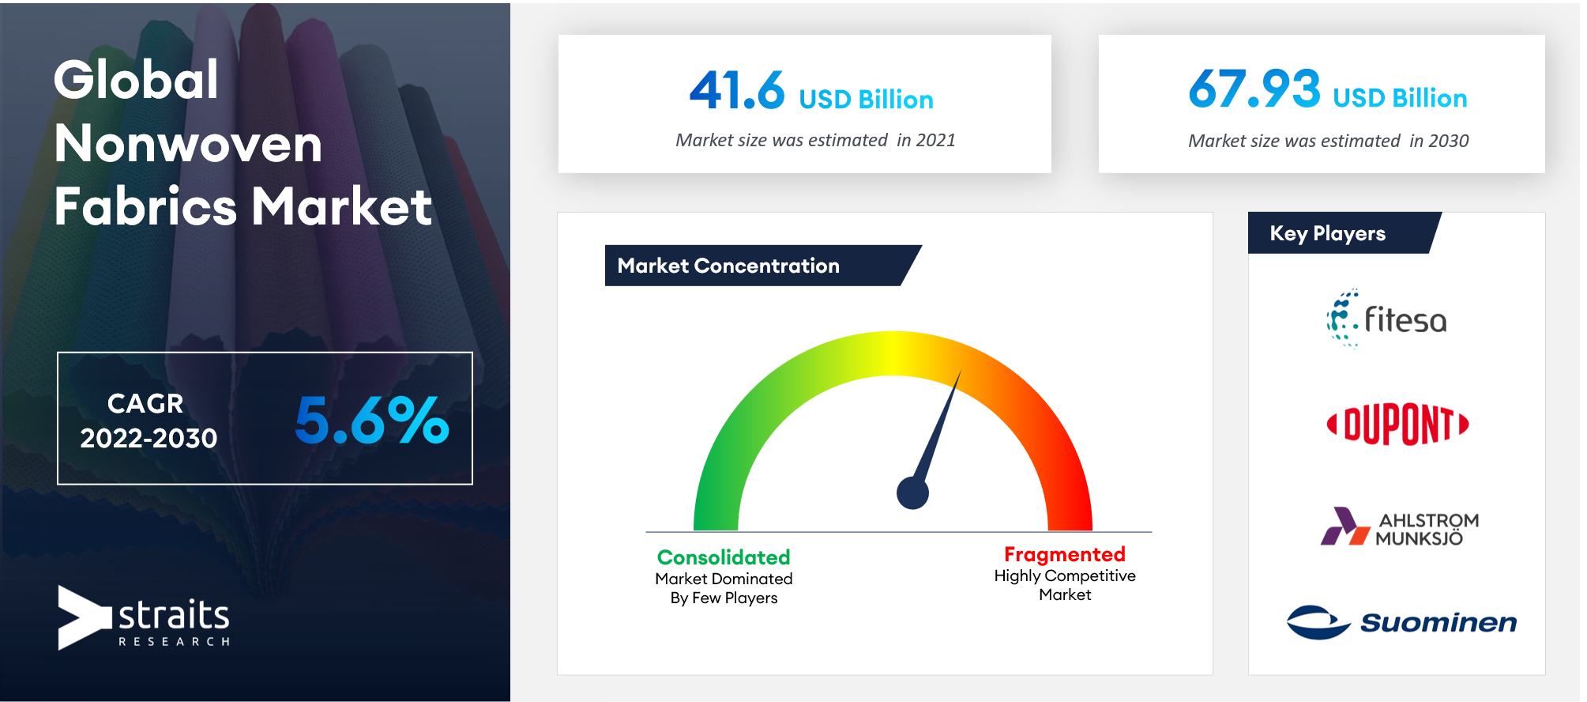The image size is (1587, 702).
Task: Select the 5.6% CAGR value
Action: pyautogui.click(x=372, y=420)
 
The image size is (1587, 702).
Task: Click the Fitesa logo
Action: pyautogui.click(x=1386, y=319)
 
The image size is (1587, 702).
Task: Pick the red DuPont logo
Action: pyautogui.click(x=1397, y=425)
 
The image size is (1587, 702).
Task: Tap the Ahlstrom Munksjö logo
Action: pyautogui.click(x=1399, y=527)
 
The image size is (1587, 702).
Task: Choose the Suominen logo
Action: pyautogui.click(x=1401, y=622)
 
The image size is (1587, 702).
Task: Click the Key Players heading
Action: pyautogui.click(x=1327, y=233)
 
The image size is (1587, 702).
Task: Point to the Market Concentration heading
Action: pyautogui.click(x=728, y=266)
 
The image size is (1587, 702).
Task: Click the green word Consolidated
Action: pyautogui.click(x=724, y=557)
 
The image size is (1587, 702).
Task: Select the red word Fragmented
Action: pyautogui.click(x=1065, y=554)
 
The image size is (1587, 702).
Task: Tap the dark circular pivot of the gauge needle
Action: pyautogui.click(x=912, y=493)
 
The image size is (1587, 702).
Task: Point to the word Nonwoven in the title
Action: pyautogui.click(x=188, y=143)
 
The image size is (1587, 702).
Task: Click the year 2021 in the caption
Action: pyautogui.click(x=936, y=140)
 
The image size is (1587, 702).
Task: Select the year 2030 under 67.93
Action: pyautogui.click(x=1449, y=141)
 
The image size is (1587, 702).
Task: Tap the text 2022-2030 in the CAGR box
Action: pyautogui.click(x=149, y=438)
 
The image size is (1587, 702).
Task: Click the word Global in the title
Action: pyautogui.click(x=136, y=80)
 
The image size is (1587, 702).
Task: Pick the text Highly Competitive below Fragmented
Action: pyautogui.click(x=1065, y=576)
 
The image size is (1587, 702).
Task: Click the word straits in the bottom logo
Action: pyautogui.click(x=174, y=614)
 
